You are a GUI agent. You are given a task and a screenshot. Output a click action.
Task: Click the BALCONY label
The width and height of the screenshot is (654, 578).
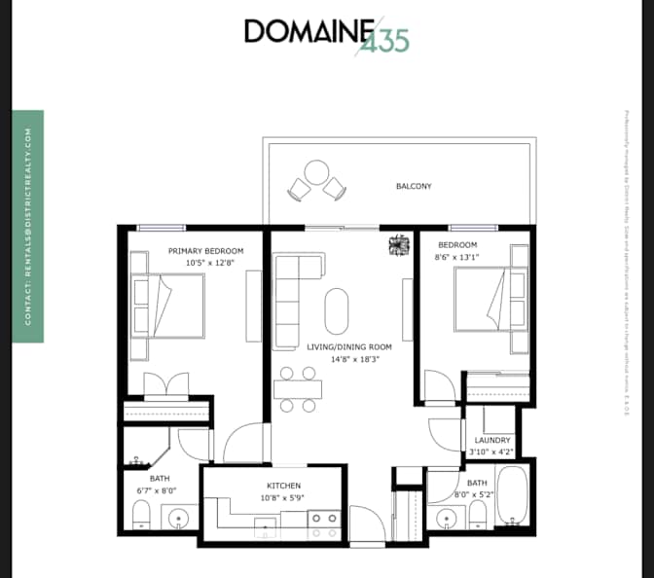pyautogui.click(x=414, y=186)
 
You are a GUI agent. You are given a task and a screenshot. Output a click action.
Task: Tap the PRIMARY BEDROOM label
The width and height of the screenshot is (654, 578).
pyautogui.click(x=205, y=251)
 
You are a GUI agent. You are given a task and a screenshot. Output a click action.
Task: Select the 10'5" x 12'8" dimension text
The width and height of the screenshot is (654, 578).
pyautogui.click(x=205, y=263)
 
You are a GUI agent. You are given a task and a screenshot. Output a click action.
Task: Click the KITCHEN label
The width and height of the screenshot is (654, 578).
pyautogui.click(x=284, y=486)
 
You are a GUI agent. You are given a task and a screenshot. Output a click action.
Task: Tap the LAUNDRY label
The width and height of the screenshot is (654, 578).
pyautogui.click(x=493, y=441)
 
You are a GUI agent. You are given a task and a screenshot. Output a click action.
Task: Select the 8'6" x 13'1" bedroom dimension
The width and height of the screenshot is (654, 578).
pyautogui.click(x=458, y=257)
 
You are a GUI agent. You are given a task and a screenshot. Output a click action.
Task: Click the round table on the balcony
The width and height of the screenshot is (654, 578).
pyautogui.click(x=316, y=174)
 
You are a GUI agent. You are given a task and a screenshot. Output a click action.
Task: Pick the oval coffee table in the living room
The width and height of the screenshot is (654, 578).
pyautogui.click(x=336, y=311)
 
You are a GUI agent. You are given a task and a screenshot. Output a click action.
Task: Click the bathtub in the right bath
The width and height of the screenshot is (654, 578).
pyautogui.click(x=511, y=496)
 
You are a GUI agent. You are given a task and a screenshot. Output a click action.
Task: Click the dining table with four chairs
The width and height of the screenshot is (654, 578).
pyautogui.click(x=297, y=389)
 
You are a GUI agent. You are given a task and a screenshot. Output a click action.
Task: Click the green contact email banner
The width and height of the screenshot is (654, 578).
pyautogui.click(x=29, y=226)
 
